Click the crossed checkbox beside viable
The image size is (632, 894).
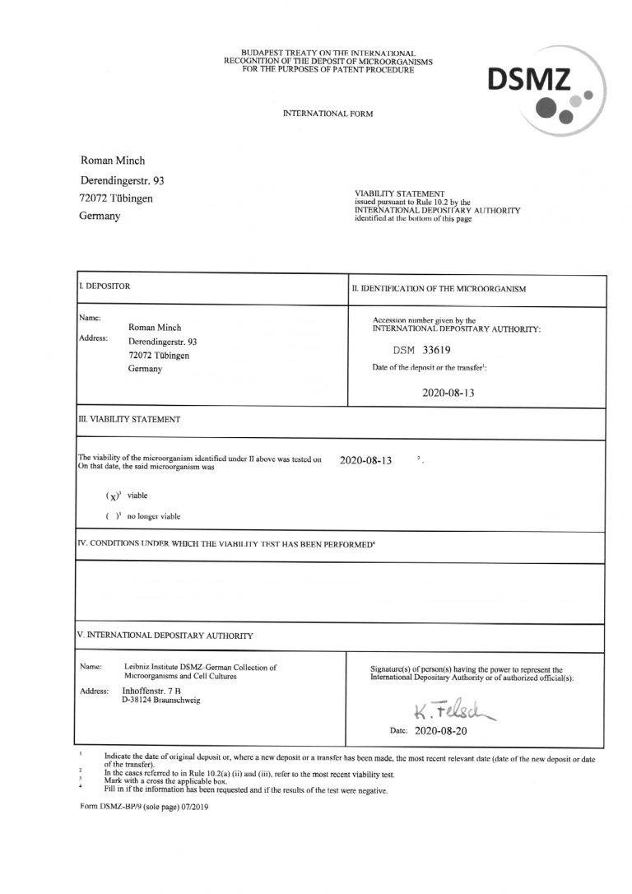click(x=113, y=496)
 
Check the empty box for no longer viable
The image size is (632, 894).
click(x=113, y=516)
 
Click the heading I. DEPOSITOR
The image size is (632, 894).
click(x=105, y=286)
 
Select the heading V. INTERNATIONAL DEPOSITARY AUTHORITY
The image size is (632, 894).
click(x=165, y=636)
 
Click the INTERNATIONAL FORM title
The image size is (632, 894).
click(x=327, y=112)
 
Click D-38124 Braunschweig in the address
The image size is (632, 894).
click(x=156, y=701)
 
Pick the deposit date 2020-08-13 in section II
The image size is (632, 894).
click(x=448, y=393)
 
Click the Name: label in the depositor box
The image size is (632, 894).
click(x=90, y=318)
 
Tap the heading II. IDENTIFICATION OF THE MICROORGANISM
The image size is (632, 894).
click(x=439, y=289)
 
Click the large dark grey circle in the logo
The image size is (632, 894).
click(x=545, y=106)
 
